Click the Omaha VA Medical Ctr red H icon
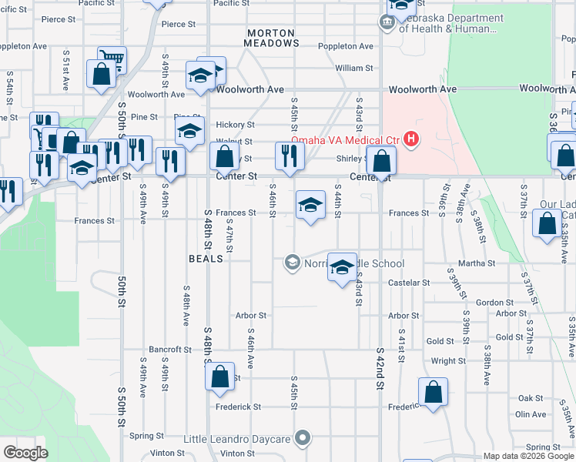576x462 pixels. tap(412, 139)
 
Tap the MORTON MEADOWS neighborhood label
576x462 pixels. tap(272, 38)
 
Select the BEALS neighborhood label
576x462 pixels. tap(206, 259)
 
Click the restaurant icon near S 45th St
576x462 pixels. tap(290, 156)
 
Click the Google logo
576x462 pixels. tap(25, 452)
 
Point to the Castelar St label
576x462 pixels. tap(409, 283)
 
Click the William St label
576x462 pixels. tap(354, 68)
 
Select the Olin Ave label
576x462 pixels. tap(531, 414)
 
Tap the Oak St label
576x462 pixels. tap(531, 398)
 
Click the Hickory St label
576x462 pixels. tap(235, 125)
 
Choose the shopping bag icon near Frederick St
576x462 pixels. tap(434, 390)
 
